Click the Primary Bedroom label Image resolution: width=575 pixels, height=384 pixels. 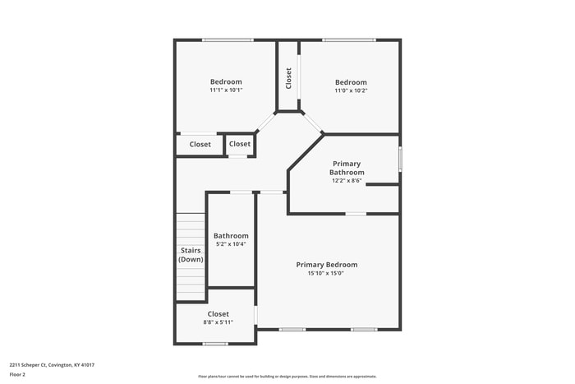coord(327,265)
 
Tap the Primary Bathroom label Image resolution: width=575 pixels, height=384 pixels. coord(347,168)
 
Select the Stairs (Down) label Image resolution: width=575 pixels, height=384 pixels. coord(191,255)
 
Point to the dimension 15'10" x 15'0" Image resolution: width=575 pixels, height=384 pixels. coord(326,274)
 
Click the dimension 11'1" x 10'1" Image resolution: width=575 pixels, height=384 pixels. coord(226,90)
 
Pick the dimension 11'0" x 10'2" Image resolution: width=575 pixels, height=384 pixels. coord(351,90)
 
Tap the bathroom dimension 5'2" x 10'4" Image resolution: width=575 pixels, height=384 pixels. coord(231,244)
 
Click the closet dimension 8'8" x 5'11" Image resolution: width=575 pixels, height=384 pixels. coord(218,322)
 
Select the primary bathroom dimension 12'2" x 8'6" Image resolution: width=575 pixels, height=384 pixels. coord(347,180)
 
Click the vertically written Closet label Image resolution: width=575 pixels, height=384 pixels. coord(288,78)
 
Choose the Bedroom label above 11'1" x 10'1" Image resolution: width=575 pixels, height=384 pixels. coord(226,81)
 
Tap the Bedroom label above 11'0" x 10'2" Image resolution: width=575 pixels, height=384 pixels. coord(351,82)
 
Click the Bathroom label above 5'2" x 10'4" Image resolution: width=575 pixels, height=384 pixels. coord(231,236)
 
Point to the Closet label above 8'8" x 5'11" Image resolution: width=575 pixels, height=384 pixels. coord(218,314)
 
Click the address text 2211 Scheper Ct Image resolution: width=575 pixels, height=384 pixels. coord(52,364)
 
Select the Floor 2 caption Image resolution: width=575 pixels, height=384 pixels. coord(18,374)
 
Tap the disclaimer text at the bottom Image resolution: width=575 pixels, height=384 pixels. coord(287,377)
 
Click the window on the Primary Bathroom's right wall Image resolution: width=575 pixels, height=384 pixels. coord(400,158)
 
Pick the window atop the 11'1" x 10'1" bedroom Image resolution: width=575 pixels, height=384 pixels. coord(228,40)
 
